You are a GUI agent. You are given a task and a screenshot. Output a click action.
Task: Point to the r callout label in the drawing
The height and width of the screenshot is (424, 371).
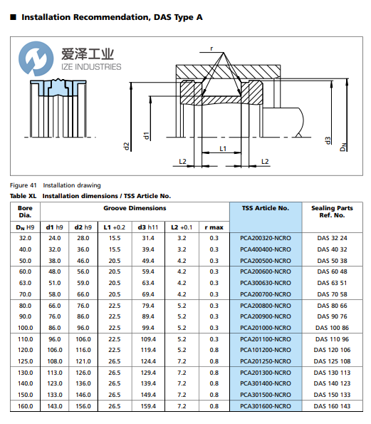click(211, 48)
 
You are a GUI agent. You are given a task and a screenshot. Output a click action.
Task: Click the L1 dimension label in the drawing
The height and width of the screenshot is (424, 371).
click(223, 149)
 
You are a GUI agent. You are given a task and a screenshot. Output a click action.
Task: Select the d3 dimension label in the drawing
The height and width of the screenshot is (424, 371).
click(328, 140)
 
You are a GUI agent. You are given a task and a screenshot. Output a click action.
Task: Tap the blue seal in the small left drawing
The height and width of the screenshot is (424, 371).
click(52, 88)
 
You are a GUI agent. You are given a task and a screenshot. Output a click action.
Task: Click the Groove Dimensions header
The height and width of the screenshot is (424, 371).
click(135, 208)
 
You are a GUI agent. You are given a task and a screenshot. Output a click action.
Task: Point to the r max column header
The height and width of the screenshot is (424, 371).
click(214, 227)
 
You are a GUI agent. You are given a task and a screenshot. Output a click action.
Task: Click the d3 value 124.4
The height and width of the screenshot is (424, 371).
click(148, 361)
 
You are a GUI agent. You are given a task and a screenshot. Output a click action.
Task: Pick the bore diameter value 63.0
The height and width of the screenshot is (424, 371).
click(24, 282)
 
